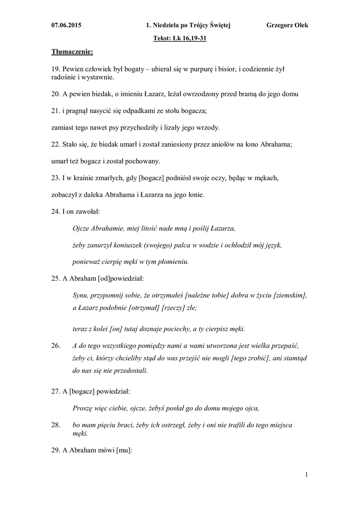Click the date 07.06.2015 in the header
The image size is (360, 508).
[67, 25]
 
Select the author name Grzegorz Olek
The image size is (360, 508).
[287, 25]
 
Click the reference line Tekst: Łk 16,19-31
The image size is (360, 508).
[180, 37]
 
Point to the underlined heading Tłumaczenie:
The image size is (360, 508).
[72, 51]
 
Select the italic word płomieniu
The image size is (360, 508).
[172, 261]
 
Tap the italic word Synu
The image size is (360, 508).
[80, 295]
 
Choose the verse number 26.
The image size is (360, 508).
[56, 345]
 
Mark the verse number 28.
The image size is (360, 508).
[56, 425]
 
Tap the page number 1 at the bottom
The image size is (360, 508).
[307, 475]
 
